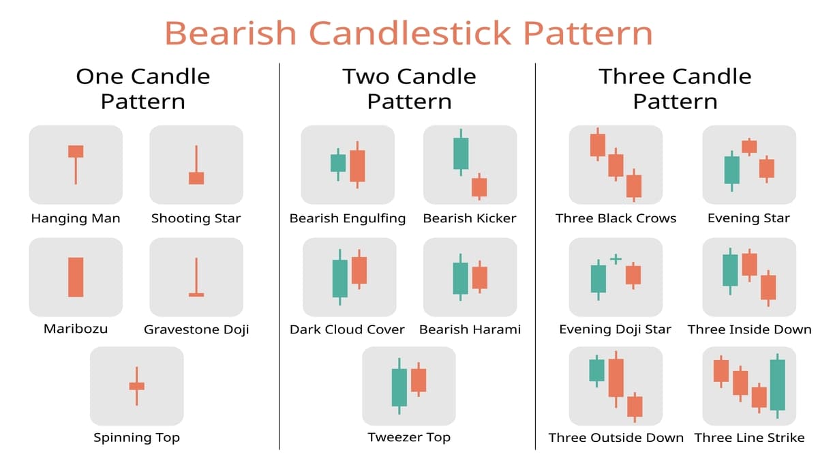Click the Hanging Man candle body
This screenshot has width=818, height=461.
coord(76,151)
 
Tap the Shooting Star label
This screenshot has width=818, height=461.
coord(196,219)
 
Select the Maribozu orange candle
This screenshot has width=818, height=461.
coord(76,277)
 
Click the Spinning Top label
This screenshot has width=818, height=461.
coord(136,438)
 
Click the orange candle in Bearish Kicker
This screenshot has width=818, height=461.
coord(479,187)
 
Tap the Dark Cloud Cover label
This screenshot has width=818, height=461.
coord(347,330)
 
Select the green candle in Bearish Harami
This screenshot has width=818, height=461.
coord(461,278)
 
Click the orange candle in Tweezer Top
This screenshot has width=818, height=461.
coord(419,380)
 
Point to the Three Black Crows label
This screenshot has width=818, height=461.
coord(616,219)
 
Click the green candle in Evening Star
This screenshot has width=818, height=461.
coord(731,170)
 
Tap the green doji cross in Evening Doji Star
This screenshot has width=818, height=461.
coord(616,259)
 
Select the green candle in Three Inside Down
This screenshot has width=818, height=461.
coord(730,271)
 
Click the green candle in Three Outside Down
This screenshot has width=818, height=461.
coord(596,370)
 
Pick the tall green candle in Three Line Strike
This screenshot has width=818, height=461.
coord(777,385)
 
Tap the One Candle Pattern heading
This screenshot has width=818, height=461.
coord(143,89)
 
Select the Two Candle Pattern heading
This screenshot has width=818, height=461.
coord(409,89)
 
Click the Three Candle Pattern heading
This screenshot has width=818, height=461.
coord(675,89)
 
